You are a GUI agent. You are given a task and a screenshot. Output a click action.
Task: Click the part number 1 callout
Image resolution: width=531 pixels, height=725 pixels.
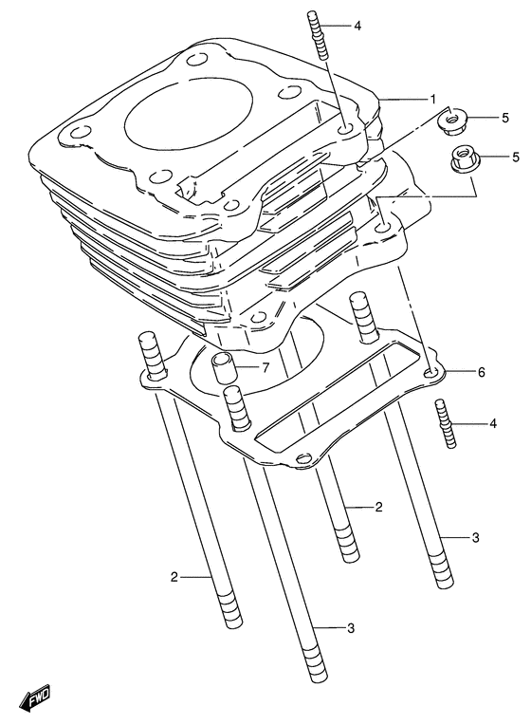[x=432, y=99]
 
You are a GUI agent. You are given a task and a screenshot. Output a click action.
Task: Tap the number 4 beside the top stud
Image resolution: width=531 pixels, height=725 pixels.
[x=357, y=26]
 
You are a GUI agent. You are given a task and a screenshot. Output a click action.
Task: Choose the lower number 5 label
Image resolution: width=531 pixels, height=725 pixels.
[x=504, y=156]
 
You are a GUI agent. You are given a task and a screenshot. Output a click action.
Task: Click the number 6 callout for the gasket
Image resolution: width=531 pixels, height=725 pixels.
[x=481, y=372]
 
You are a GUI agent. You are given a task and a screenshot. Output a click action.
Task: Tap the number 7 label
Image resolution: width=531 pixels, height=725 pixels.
[x=266, y=368]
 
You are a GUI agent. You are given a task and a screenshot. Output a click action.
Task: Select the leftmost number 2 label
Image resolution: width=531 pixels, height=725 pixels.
[x=174, y=576]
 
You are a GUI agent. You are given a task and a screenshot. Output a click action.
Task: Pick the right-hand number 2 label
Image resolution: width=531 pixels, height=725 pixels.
[x=378, y=508]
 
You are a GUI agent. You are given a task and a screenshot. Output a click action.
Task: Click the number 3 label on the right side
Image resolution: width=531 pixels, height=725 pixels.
[x=475, y=538]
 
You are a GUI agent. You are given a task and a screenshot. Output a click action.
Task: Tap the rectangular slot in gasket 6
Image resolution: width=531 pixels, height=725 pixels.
[x=325, y=396]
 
